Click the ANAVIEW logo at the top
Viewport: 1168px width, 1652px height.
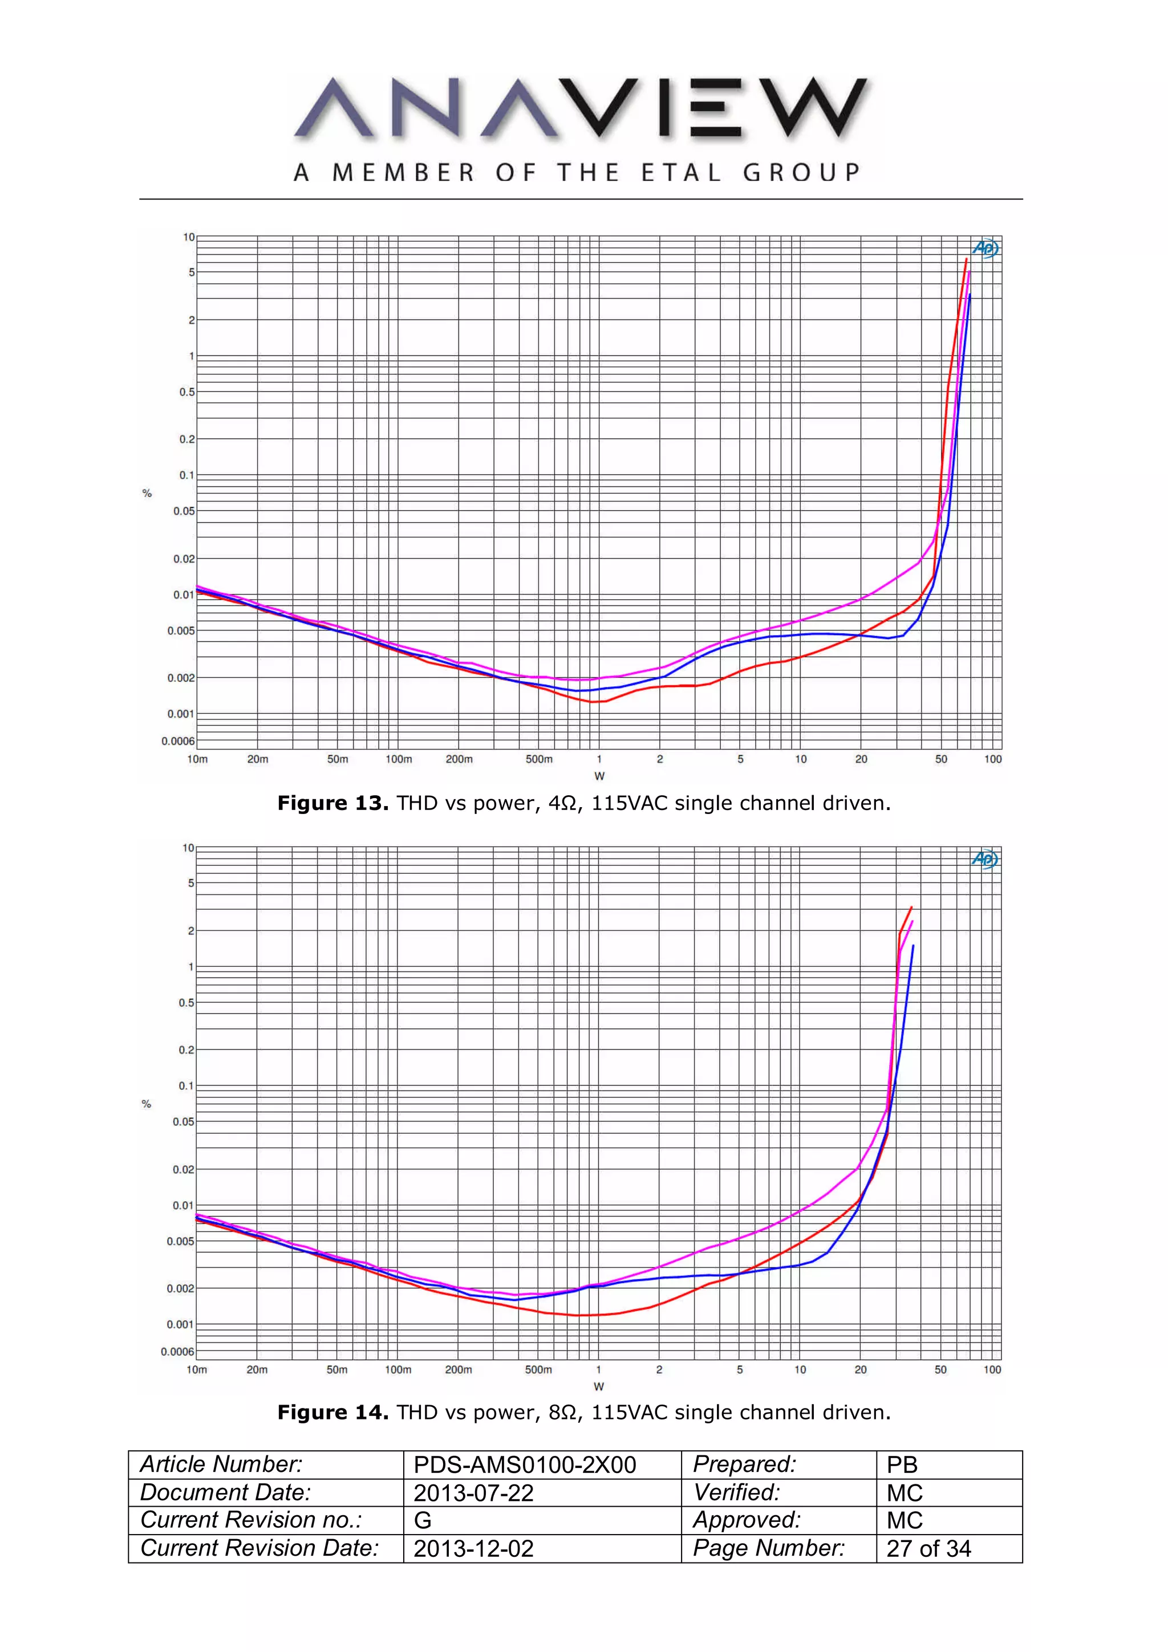pos(582,108)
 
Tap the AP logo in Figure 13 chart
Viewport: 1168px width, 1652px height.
pos(985,248)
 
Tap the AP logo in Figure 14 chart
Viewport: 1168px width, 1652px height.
pos(984,858)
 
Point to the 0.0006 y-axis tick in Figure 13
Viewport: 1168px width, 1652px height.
pos(178,741)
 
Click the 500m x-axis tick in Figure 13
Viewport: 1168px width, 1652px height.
pos(538,759)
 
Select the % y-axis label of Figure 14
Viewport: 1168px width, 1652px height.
pos(147,1104)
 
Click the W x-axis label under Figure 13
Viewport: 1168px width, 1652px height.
pos(599,776)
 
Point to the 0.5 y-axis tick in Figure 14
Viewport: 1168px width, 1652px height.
pos(186,1002)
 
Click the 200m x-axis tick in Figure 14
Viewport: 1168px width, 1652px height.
pos(459,1369)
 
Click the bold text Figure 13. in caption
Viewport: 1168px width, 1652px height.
pos(333,803)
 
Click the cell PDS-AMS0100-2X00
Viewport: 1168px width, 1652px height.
pos(525,1465)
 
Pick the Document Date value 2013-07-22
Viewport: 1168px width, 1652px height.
pos(473,1493)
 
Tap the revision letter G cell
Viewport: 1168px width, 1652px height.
pos(423,1520)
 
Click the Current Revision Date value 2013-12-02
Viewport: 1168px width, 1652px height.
pos(473,1548)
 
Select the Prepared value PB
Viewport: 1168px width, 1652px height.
pos(902,1465)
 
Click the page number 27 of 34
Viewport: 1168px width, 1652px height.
pos(928,1548)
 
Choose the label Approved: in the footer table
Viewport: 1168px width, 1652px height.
pos(747,1520)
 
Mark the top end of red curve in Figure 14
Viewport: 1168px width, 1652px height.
pos(911,908)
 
